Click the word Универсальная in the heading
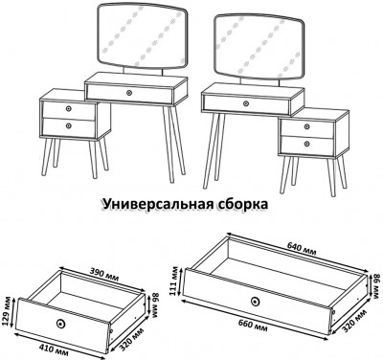[157, 204]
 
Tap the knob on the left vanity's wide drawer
[129, 92]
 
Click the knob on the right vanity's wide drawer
[244, 101]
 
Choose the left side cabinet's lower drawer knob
[68, 125]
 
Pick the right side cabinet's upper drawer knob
[305, 127]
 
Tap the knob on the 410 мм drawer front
[63, 322]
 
